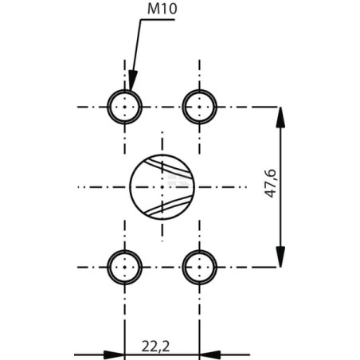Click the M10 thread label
pos(162,9)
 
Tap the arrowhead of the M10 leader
pos(132,80)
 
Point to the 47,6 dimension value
pos(271,183)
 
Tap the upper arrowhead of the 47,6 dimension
pos(280,117)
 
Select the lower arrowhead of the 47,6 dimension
pos(280,256)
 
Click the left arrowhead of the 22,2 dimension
pos(114,354)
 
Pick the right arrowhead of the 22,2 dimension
pos(210,354)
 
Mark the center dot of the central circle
pos(162,187)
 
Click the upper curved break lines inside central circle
pos(168,167)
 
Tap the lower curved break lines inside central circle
pos(168,205)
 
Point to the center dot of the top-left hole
pos(125,107)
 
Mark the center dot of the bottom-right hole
pos(200,267)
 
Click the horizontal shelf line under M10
pos(158,20)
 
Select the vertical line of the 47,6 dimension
pos(280,187)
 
